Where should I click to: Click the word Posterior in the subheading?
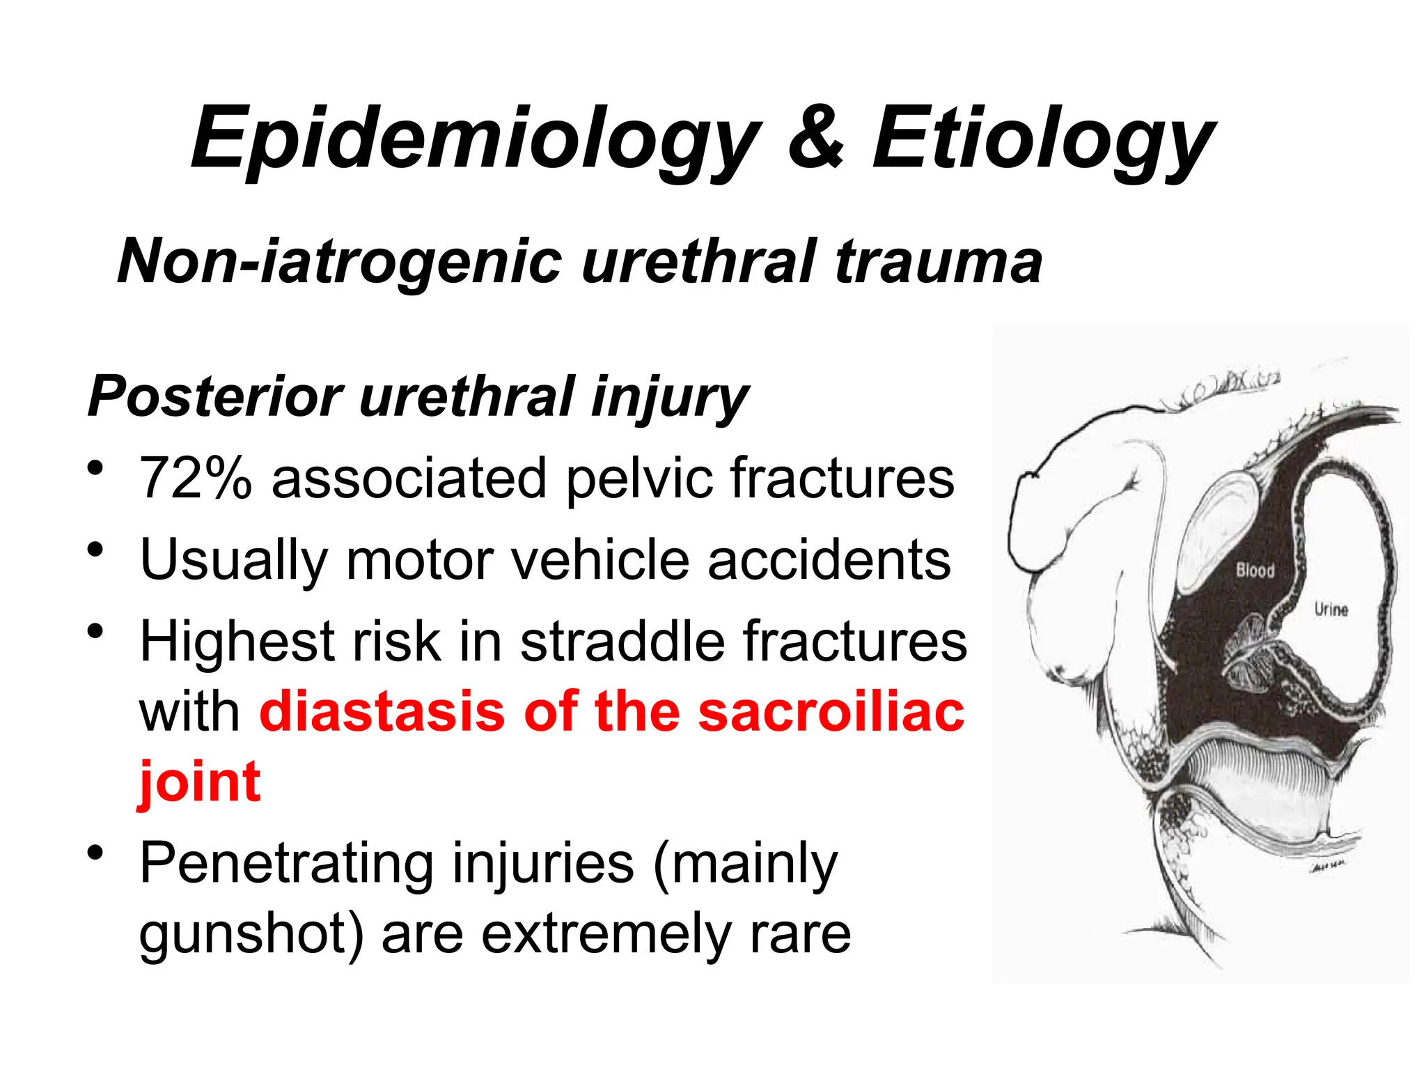(215, 396)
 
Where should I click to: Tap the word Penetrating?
(286, 864)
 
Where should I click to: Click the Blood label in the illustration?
(1255, 571)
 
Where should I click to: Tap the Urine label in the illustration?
(1331, 610)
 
